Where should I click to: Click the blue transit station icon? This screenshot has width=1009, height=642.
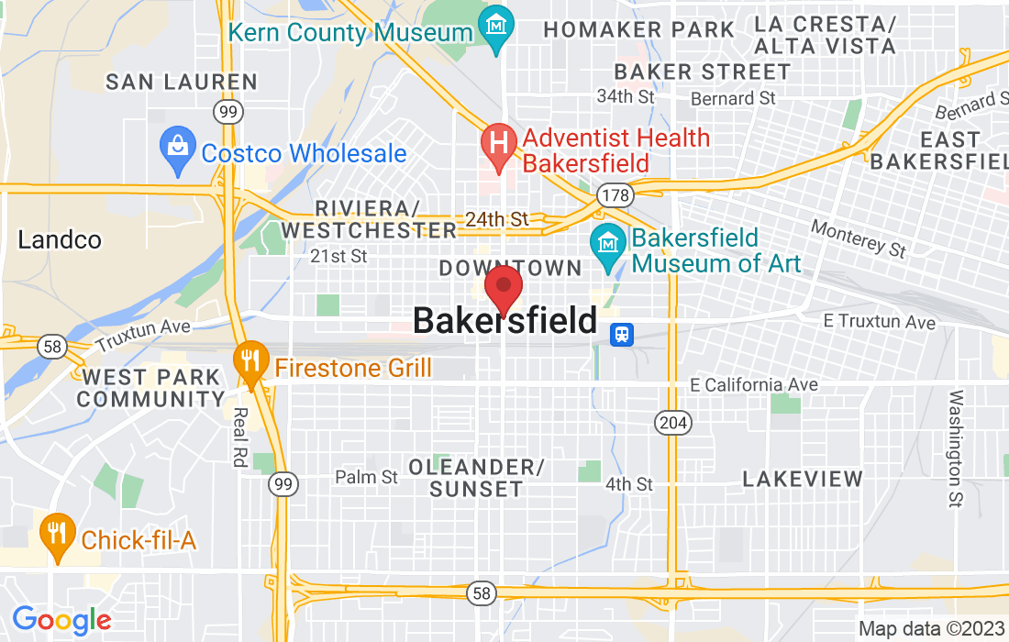point(623,334)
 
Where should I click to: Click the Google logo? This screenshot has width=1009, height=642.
point(61,620)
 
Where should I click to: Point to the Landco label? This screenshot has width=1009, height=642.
point(59,240)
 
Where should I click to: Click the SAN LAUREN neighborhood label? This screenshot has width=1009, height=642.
point(182,82)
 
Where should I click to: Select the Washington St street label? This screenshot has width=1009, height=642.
point(956,448)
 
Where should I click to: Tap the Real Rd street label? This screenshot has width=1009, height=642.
point(238,437)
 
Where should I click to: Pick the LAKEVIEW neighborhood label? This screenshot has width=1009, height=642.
point(803,479)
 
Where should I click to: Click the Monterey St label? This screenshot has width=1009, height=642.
point(859,238)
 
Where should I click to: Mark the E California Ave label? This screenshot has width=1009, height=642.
point(753,385)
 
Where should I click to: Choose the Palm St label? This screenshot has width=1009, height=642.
point(367,477)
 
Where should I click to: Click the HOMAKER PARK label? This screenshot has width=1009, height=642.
point(638,29)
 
